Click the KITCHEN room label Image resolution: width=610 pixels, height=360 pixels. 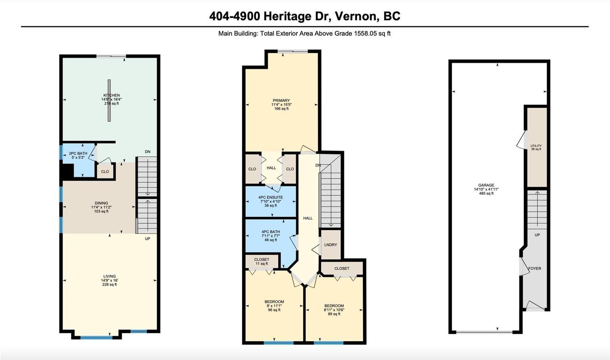pos(111,95)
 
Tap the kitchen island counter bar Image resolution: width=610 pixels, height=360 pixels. pos(109,100)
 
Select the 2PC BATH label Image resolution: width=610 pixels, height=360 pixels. pos(78,153)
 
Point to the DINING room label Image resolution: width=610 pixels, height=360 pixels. pos(101,203)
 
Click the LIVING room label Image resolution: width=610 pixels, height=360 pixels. pos(109,276)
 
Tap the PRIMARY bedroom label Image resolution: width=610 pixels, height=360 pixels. pos(281,100)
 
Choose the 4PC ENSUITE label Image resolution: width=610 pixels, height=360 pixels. pos(270,197)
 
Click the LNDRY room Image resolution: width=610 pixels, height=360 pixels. pos(331,244)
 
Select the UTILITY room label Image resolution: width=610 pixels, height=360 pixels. pos(536,146)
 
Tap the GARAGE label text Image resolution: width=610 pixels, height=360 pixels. pos(486,185)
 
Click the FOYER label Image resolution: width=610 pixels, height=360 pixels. pos(535,268)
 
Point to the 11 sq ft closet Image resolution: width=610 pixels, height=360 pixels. pos(262,262)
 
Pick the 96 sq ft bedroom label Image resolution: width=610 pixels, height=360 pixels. pos(274,302)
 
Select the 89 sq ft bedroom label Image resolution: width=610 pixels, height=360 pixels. pos(334,306)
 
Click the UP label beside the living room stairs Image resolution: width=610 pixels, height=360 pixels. pos(148,239)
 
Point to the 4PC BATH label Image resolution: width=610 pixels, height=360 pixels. pos(271,232)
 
